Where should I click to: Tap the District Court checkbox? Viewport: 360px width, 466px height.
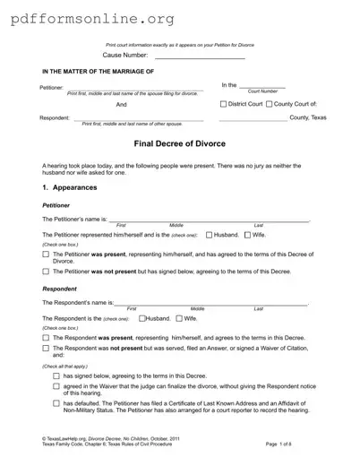224,104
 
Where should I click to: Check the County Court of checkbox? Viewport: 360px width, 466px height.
270,104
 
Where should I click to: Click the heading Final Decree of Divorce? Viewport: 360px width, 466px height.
180,143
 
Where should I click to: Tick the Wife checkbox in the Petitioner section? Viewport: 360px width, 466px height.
247,235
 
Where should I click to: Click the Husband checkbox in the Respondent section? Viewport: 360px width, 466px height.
141,318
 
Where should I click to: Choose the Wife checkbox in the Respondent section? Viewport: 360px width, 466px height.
179,318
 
